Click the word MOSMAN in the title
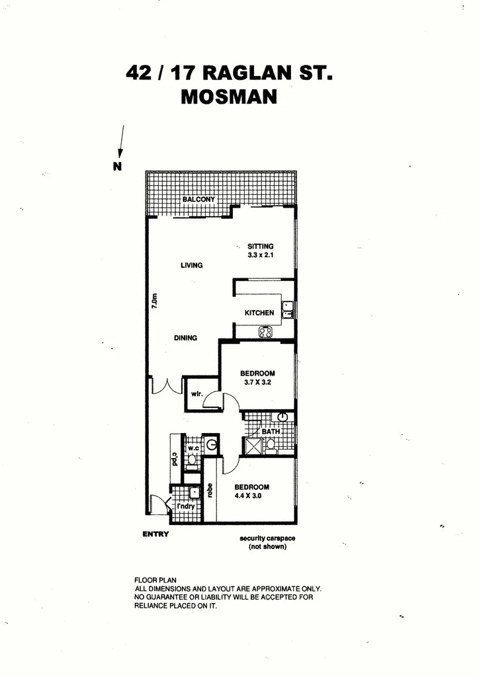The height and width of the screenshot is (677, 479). tap(229, 97)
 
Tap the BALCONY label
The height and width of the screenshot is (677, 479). tap(198, 199)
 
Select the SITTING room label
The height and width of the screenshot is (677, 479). tap(261, 246)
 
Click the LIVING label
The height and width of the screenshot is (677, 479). tap(191, 265)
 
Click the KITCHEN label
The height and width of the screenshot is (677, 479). tap(259, 313)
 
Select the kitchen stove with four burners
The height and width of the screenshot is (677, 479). tap(265, 333)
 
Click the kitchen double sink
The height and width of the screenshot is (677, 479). tap(288, 309)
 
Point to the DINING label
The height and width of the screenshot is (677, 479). tap(186, 338)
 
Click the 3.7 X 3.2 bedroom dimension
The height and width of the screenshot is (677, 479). tap(258, 382)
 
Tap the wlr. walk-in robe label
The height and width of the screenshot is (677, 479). tap(196, 394)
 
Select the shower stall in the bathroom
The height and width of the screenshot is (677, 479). tap(252, 447)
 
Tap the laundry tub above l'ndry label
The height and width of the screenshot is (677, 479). tap(195, 493)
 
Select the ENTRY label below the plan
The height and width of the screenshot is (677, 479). tap(156, 534)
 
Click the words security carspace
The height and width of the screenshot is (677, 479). tap(267, 538)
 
